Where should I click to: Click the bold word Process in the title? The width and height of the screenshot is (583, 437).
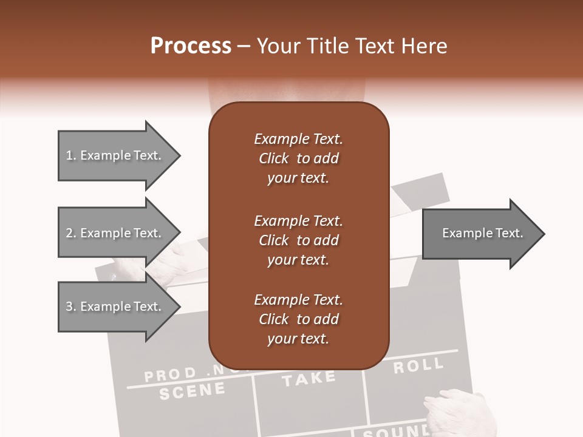(191, 46)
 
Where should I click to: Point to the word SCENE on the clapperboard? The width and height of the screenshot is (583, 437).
(192, 391)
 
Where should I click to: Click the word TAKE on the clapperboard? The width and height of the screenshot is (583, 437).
(309, 379)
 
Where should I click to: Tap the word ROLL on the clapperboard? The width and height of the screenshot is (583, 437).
(418, 366)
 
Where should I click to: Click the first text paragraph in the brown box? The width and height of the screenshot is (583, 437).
(298, 158)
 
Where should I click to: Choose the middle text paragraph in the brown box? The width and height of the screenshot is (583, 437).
(298, 240)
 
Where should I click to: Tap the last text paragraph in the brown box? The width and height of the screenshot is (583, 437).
(298, 319)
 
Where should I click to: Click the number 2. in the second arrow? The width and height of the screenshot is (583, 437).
(71, 233)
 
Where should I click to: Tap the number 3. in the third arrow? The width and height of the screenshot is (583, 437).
(71, 307)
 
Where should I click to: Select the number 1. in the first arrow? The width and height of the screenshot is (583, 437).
(71, 155)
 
